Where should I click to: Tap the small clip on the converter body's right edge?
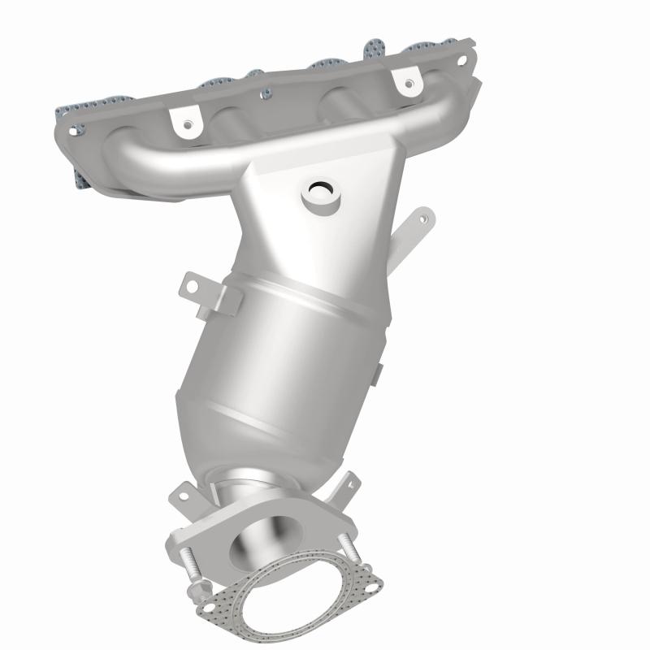pos(378,374)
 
